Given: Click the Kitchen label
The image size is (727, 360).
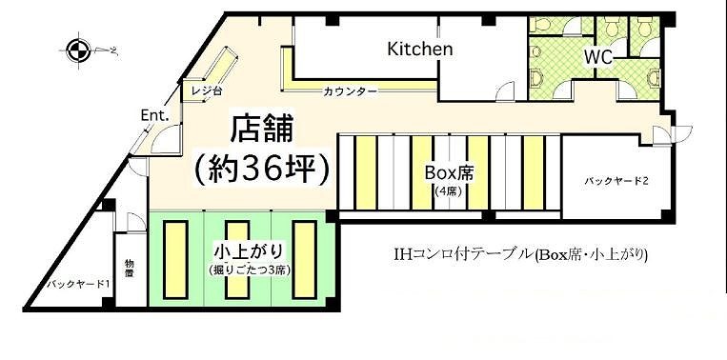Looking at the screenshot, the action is pos(419,49).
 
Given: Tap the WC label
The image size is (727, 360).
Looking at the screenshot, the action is pos(598,57).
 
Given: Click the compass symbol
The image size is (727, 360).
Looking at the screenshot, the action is pos(77,50).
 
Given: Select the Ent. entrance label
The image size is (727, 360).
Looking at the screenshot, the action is pos(154,116).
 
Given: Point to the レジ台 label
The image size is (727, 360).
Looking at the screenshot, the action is pos(205,91).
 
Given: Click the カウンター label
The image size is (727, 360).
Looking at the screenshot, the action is pos(350,91).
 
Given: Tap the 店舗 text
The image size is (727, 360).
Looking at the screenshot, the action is pos(262,130).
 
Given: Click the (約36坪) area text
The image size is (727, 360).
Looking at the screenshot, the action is pos(262,170).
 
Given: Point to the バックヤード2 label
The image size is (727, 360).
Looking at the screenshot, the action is pos(616,181).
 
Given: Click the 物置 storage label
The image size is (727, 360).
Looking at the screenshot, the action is pos(129,270).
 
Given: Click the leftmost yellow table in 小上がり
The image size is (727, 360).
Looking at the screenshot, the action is pos(175,261).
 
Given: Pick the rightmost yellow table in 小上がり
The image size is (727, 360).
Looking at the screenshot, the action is pos(304,261).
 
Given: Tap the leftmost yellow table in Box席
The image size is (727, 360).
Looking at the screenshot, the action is pos(366,172).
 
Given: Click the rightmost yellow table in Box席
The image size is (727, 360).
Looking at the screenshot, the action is pos(534,172).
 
